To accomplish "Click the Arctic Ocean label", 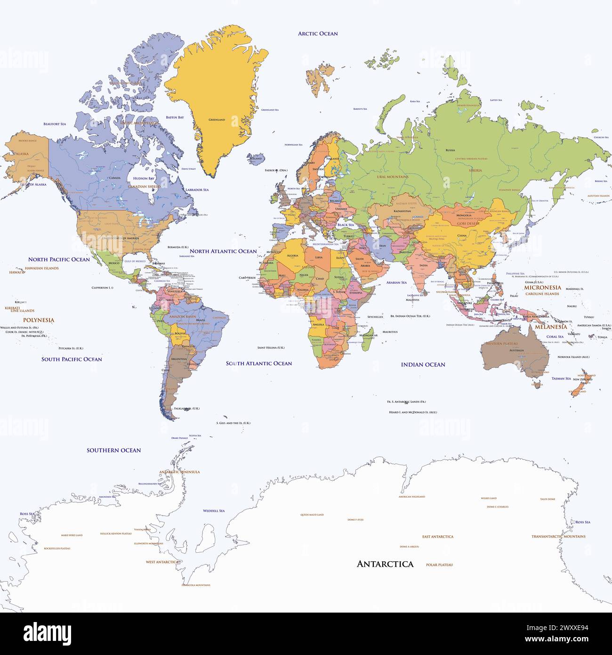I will click(318, 33).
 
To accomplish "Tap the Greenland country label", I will click(217, 120).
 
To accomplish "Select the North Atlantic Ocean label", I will click(223, 251).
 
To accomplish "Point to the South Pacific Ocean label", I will click(72, 359).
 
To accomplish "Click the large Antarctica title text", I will click(385, 564).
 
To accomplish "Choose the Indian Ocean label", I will click(423, 364).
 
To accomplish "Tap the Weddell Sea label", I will click(214, 511).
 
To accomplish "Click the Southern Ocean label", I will click(113, 450).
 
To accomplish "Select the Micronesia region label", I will click(542, 287).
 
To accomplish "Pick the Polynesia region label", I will click(39, 320).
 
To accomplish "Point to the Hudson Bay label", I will click(144, 179).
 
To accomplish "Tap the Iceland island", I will click(256, 158).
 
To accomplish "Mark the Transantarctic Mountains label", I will click(558, 536).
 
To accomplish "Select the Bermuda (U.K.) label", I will click(178, 247).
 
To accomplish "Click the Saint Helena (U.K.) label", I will click(271, 348).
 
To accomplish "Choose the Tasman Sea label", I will click(561, 378).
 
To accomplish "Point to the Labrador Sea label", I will click(197, 190).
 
